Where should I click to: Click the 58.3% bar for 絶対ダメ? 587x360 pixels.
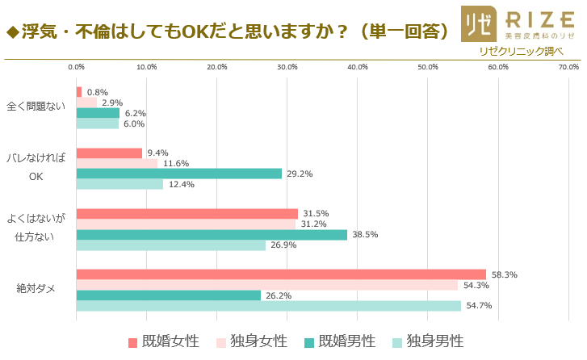(x=281, y=274)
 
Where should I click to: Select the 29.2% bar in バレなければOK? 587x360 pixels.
(x=178, y=174)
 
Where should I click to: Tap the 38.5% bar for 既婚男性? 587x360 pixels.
(x=212, y=235)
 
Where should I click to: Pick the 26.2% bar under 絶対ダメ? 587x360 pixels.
(x=168, y=295)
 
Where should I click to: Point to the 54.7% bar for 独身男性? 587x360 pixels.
(x=268, y=306)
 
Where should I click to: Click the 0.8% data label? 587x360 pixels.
(x=97, y=92)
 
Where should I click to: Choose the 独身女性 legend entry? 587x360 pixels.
(x=251, y=342)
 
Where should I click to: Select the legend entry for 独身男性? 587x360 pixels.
(x=427, y=342)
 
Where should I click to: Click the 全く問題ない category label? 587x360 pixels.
(x=36, y=107)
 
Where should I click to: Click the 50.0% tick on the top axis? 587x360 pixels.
(x=428, y=67)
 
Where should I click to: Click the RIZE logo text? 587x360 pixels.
(x=533, y=18)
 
